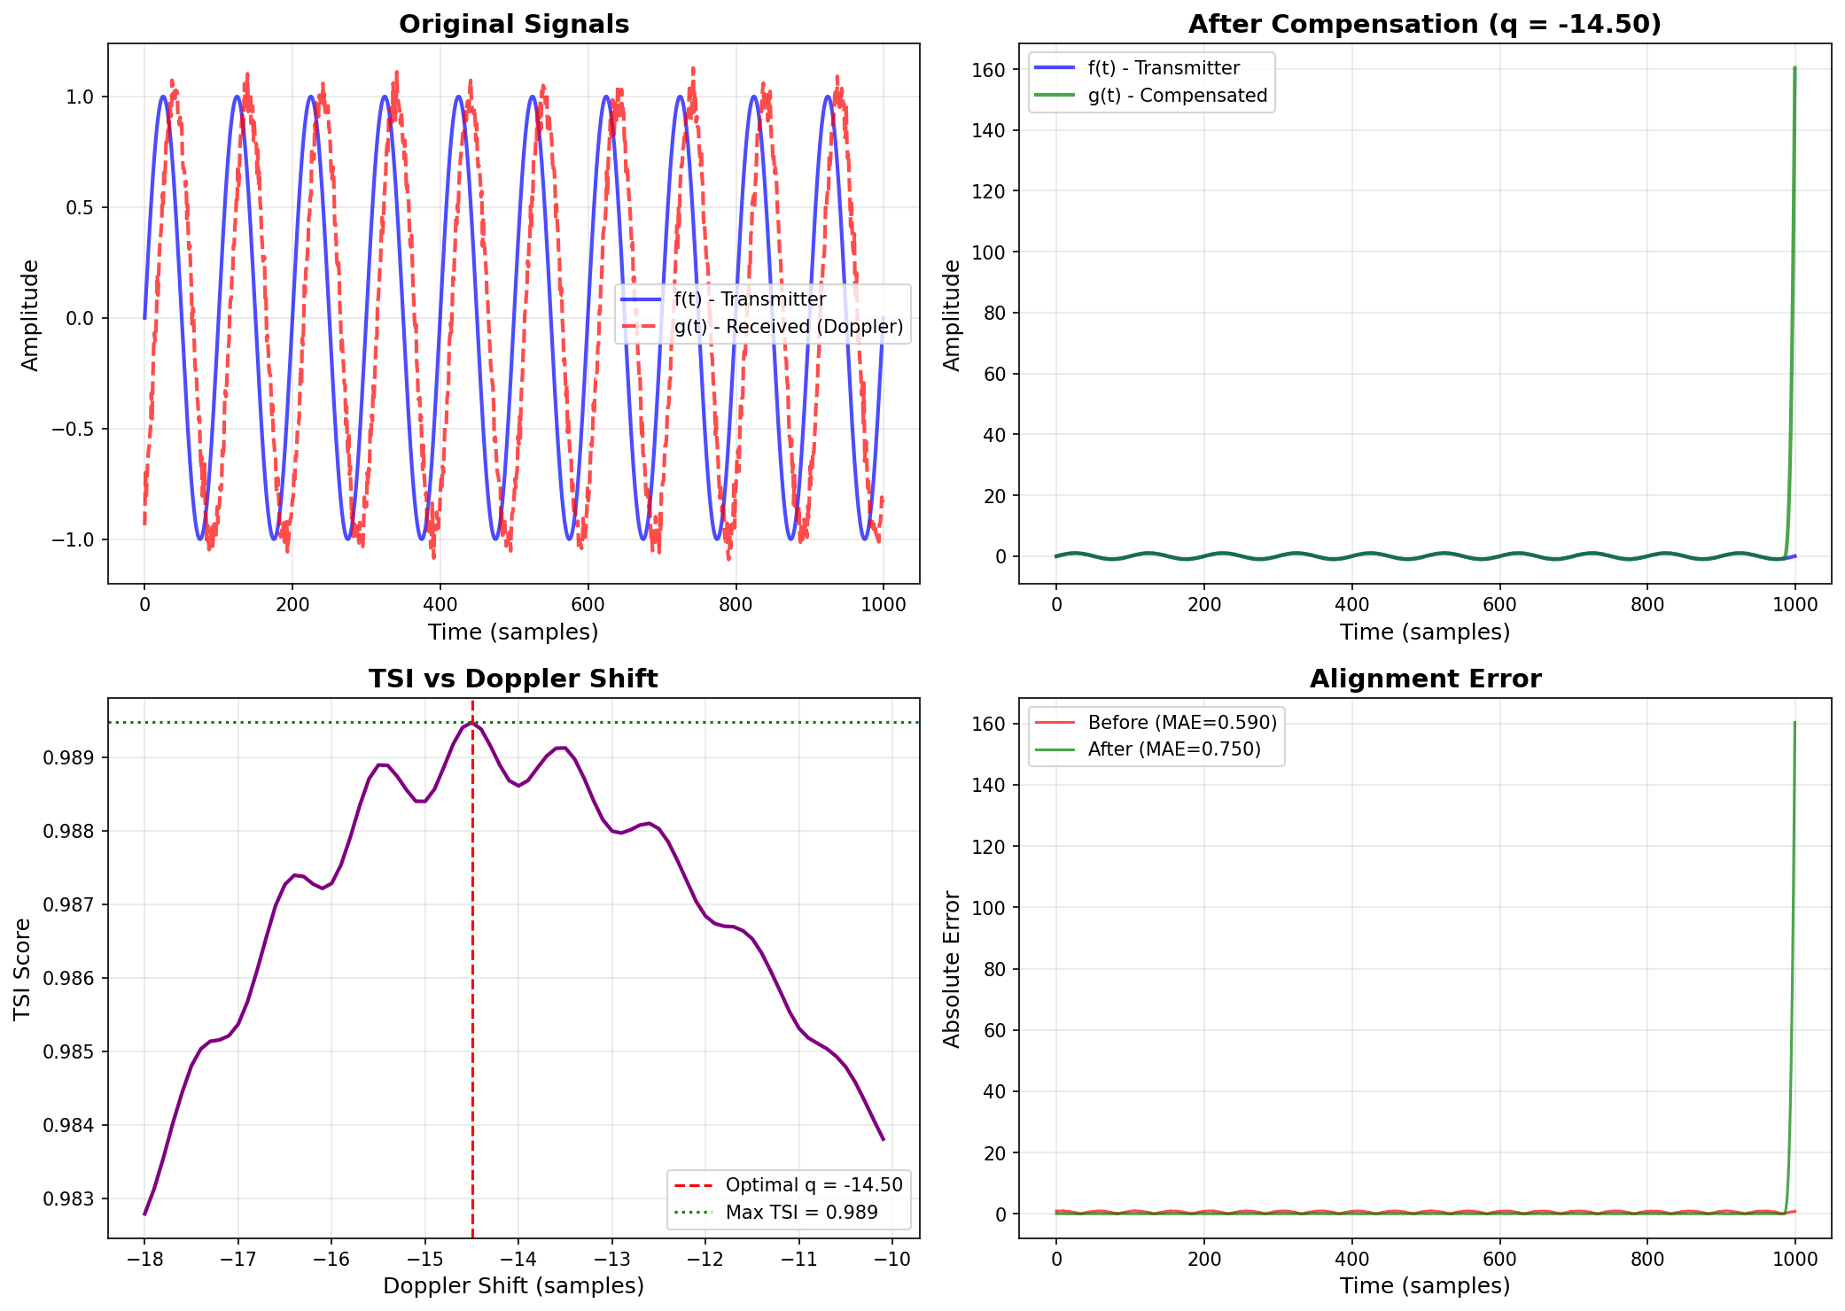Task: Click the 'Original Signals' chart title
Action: [x=514, y=24]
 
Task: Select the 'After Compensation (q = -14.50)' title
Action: [x=1424, y=24]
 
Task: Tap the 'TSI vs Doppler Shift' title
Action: [x=513, y=679]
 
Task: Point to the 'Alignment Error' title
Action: [x=1425, y=679]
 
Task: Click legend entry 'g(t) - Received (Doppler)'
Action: [x=788, y=327]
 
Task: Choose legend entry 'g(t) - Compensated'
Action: [x=1177, y=96]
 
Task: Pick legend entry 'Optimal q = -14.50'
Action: [x=814, y=1185]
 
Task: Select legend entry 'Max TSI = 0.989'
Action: [x=801, y=1213]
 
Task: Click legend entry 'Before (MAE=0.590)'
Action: [x=1182, y=723]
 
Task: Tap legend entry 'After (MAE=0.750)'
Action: [x=1173, y=749]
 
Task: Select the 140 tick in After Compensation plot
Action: [x=988, y=130]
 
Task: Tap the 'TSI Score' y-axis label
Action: [x=23, y=968]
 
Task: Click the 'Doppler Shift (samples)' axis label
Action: [x=513, y=1286]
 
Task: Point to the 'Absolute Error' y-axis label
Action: [x=952, y=969]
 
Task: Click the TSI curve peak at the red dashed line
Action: [x=472, y=724]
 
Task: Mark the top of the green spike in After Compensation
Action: [x=1794, y=67]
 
